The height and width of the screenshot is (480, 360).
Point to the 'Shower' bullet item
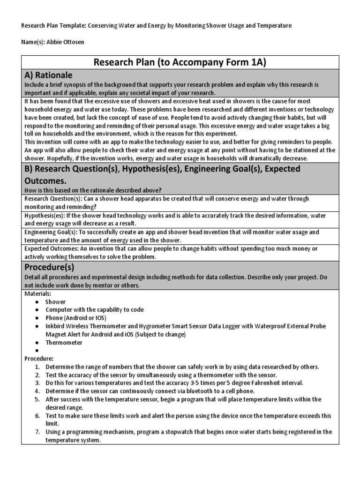(x=55, y=302)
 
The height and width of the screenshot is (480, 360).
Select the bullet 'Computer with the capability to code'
(x=94, y=310)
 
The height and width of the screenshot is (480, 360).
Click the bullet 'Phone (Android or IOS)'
(x=77, y=318)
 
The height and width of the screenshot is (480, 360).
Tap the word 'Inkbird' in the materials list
(x=55, y=326)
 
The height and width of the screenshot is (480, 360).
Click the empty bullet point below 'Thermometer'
(x=37, y=351)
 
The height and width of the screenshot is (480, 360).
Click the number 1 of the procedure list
(x=37, y=367)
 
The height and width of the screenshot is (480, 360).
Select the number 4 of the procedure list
(x=37, y=391)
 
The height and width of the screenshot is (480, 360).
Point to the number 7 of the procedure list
(x=37, y=432)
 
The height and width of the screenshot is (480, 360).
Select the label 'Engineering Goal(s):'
(x=51, y=232)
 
